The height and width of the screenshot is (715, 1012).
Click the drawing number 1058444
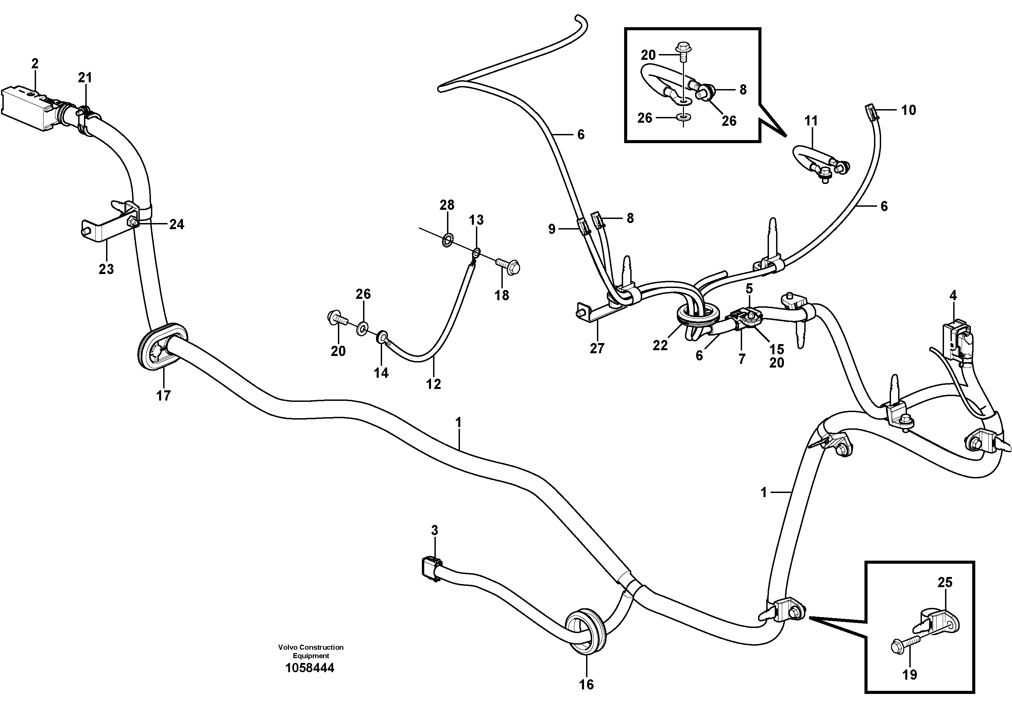coord(310,668)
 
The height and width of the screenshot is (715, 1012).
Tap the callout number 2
coord(35,64)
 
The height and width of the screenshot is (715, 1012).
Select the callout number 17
coord(163,396)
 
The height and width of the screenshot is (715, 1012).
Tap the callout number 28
coord(447,205)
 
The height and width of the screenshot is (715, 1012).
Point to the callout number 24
coord(177,224)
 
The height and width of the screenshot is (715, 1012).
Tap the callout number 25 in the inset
coord(945,582)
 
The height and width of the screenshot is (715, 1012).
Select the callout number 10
coord(908,110)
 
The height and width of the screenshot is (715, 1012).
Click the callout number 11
coord(811,121)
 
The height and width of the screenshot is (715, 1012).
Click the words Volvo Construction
coord(311,647)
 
